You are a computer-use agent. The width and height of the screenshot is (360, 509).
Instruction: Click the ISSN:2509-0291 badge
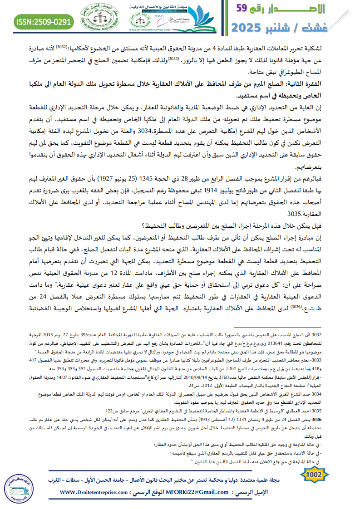pos(44,21)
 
